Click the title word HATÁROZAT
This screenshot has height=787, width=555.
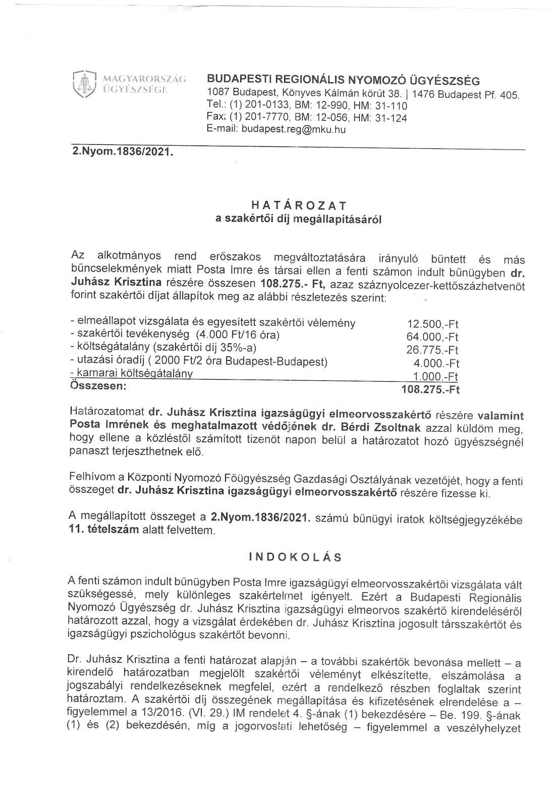coord(299,205)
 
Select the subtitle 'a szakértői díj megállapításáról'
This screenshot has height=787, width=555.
coord(299,219)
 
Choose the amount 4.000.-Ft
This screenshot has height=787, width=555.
coord(437,363)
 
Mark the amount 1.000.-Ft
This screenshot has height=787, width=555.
coord(437,376)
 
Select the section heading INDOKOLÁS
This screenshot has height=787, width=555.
coord(295,557)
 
